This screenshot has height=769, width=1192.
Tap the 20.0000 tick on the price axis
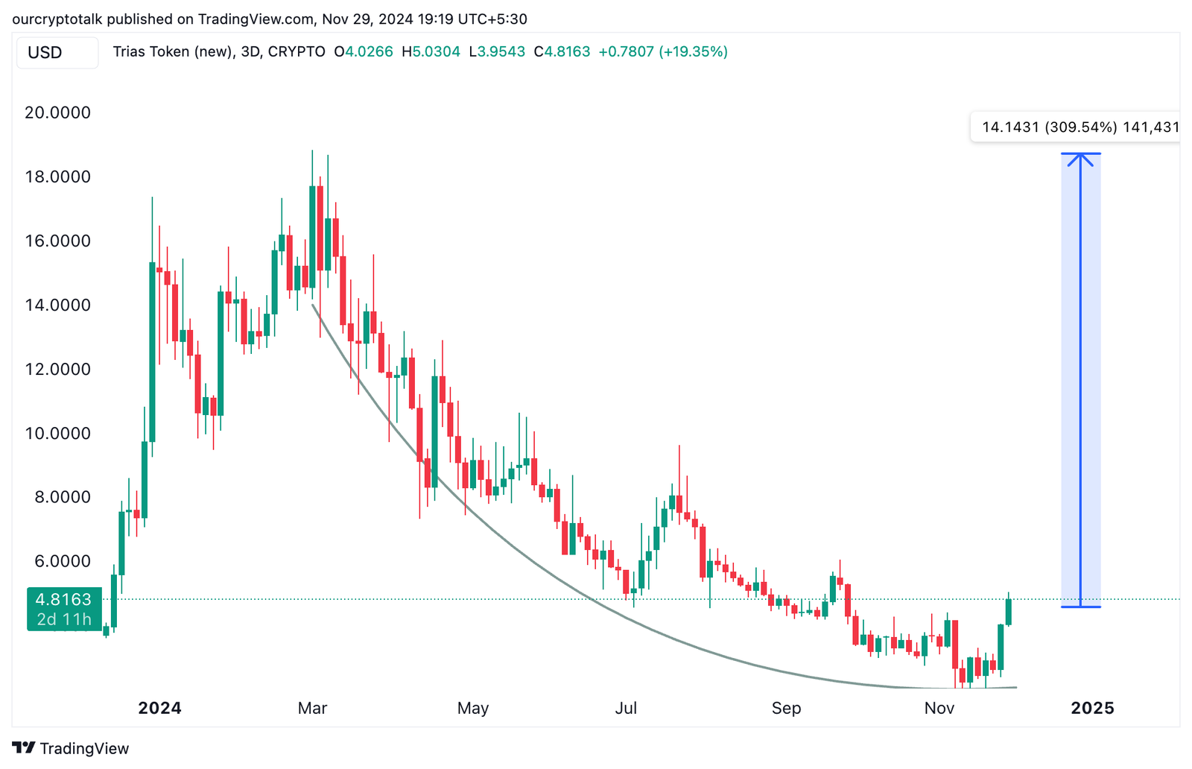pyautogui.click(x=57, y=113)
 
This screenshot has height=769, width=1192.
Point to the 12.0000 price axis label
pyautogui.click(x=57, y=369)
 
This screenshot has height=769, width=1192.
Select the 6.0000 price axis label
pyautogui.click(x=63, y=561)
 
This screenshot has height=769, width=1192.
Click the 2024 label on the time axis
pyautogui.click(x=159, y=708)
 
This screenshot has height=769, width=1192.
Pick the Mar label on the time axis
pyautogui.click(x=312, y=708)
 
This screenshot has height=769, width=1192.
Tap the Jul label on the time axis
pyautogui.click(x=626, y=708)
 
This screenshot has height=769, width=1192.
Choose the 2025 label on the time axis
pyautogui.click(x=1092, y=708)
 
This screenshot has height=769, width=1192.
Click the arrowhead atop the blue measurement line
pyautogui.click(x=1080, y=157)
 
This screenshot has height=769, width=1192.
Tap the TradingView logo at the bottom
pyautogui.click(x=71, y=748)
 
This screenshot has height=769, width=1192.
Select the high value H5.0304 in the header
pyautogui.click(x=431, y=52)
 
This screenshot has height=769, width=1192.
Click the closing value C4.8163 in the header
pyautogui.click(x=562, y=52)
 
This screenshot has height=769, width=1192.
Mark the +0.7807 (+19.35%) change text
pyautogui.click(x=663, y=52)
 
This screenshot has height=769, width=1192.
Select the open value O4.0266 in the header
pyautogui.click(x=363, y=52)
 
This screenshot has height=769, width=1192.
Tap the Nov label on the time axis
pyautogui.click(x=939, y=708)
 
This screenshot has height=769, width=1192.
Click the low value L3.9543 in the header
pyautogui.click(x=496, y=52)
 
